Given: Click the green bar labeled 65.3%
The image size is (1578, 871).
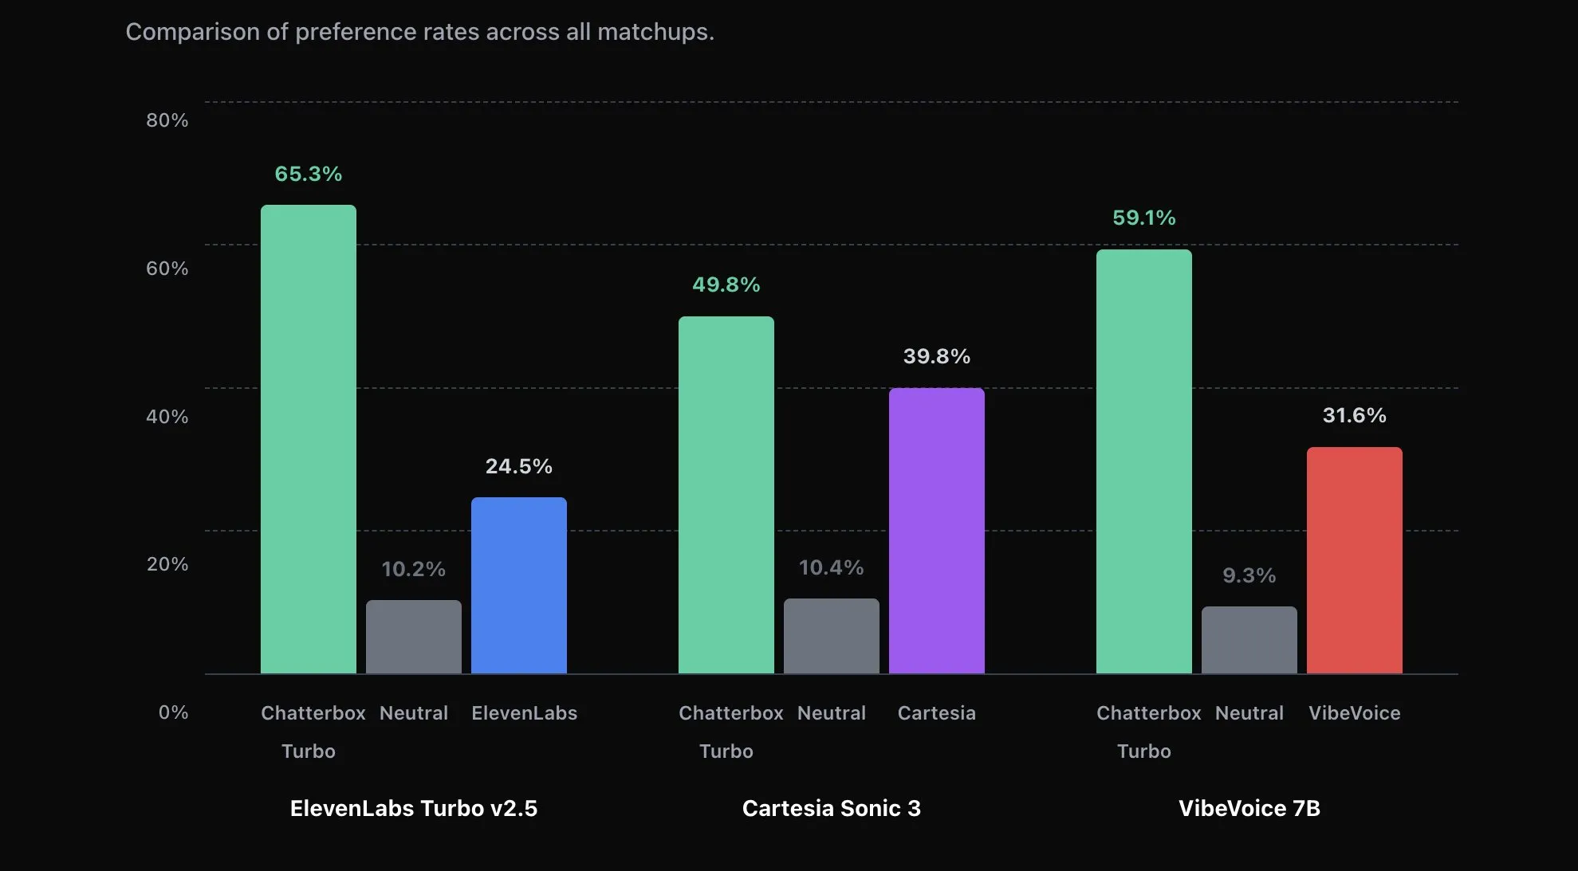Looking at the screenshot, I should (308, 438).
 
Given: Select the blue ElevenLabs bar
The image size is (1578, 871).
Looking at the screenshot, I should (518, 586).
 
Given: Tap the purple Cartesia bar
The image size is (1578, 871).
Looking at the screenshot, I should (936, 530).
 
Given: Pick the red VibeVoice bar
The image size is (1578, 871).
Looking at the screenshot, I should (1354, 560).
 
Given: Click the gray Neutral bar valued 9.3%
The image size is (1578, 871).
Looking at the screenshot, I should (1249, 640).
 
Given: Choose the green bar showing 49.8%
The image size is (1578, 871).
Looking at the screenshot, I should (726, 494).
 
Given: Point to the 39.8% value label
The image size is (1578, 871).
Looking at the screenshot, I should (936, 356).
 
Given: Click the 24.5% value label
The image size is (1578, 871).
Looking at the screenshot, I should (518, 466).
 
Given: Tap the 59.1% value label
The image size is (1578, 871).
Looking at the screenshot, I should (1143, 218).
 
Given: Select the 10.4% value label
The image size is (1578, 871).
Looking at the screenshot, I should (831, 567).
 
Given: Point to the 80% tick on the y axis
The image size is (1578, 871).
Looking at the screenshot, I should (167, 120).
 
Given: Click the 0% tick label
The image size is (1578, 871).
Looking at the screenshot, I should (173, 712).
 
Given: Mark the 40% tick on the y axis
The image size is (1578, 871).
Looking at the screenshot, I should (167, 417).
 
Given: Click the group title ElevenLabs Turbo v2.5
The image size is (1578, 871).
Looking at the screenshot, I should (413, 808).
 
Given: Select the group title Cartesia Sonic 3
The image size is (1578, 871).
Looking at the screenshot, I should (831, 808).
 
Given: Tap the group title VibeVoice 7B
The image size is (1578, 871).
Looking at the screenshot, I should (1249, 808).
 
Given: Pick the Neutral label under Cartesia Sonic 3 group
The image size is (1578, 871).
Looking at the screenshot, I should (831, 713).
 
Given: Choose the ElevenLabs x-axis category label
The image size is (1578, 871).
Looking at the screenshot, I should (524, 713).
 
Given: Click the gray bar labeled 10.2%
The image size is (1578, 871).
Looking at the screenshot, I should (413, 637).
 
